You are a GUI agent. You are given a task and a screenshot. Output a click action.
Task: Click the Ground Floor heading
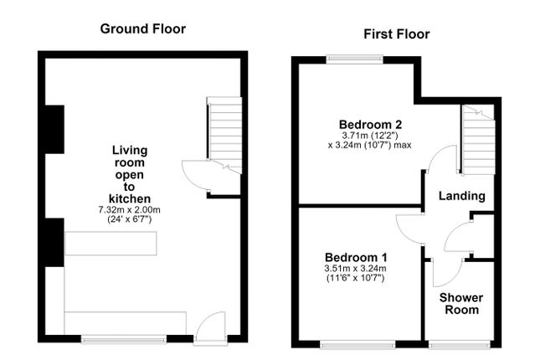[x=143, y=28]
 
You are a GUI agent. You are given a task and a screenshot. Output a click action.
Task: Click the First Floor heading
[x=397, y=34]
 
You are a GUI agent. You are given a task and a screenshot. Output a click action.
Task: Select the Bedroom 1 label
[x=356, y=257]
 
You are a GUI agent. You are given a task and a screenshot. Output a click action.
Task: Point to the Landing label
[x=462, y=196]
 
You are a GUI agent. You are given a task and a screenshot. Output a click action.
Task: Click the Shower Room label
[x=461, y=304]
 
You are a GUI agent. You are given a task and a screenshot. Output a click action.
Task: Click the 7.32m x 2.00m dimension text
[x=129, y=209]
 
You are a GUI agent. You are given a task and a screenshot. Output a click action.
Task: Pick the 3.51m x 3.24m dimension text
[x=355, y=269]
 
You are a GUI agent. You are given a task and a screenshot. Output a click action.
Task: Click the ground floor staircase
[x=225, y=135]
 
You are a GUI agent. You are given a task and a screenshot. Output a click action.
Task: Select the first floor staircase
[x=478, y=140]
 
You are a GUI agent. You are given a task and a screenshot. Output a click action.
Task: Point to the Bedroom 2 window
[x=355, y=59]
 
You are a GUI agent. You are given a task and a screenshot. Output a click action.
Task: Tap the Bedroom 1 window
[x=357, y=344]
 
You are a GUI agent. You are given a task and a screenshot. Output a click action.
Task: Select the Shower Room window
[x=460, y=344]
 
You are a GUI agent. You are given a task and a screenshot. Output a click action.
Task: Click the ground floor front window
[x=124, y=339]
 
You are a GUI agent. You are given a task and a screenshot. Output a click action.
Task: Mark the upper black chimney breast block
[x=54, y=130]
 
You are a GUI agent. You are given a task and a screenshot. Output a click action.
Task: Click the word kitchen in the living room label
[x=130, y=198]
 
